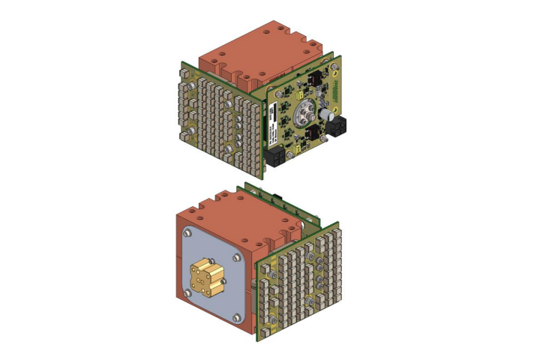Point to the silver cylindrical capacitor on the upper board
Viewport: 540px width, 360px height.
click(328, 116)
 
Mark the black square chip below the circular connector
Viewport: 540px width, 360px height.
click(312, 135)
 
